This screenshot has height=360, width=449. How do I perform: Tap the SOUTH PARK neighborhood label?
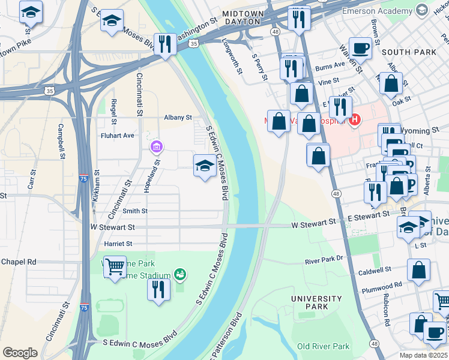408,52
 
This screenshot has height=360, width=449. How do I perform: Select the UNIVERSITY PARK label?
316,302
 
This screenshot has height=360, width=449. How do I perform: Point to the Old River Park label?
323,346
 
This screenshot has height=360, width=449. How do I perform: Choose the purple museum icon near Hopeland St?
157,146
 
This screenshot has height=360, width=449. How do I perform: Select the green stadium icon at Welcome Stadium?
179,274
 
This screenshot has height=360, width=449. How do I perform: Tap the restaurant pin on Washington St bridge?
164,43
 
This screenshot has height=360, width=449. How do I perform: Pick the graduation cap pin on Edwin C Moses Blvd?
205,165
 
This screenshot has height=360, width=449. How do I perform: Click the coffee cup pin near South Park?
360,47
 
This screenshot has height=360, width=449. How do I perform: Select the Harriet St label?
118,244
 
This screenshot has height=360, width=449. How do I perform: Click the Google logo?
20,353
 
